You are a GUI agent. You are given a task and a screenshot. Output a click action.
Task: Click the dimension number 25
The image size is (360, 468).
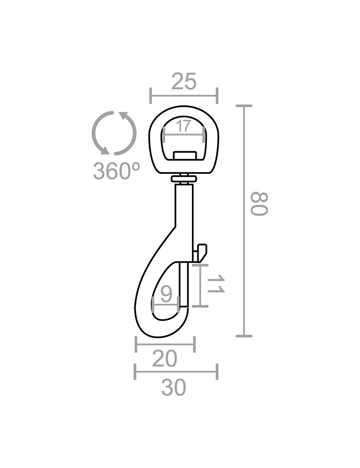184,81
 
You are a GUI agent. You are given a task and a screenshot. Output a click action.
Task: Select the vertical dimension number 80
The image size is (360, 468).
260,204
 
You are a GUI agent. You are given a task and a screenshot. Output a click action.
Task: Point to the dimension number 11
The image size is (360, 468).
216,283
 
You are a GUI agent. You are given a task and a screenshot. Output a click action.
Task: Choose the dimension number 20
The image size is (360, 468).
165,359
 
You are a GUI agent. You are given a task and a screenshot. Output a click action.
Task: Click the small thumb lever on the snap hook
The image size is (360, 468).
201,253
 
